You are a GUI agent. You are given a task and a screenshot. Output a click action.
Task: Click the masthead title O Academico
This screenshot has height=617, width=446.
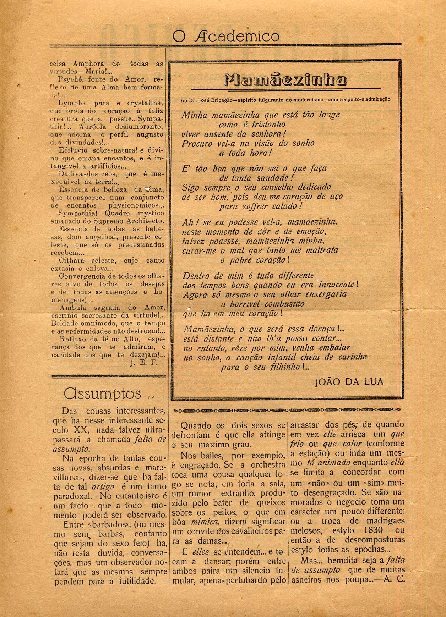226,36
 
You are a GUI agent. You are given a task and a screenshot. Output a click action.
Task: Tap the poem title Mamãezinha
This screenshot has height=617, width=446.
286,80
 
